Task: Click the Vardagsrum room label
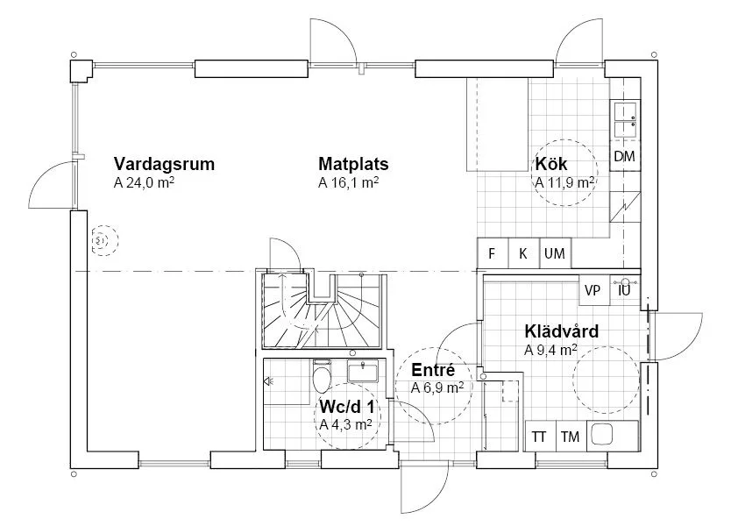164,164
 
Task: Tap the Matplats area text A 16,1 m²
348,184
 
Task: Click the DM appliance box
624,157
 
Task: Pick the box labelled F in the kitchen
492,254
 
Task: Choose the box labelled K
523,254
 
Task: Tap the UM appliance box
554,254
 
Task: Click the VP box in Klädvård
593,289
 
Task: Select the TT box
539,437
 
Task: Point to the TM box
570,437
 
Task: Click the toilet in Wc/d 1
322,378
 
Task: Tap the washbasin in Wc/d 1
362,371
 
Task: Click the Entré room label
432,371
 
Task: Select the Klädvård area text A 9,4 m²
550,350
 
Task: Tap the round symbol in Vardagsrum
100,240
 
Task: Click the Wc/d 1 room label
347,408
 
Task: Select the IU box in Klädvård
625,289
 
